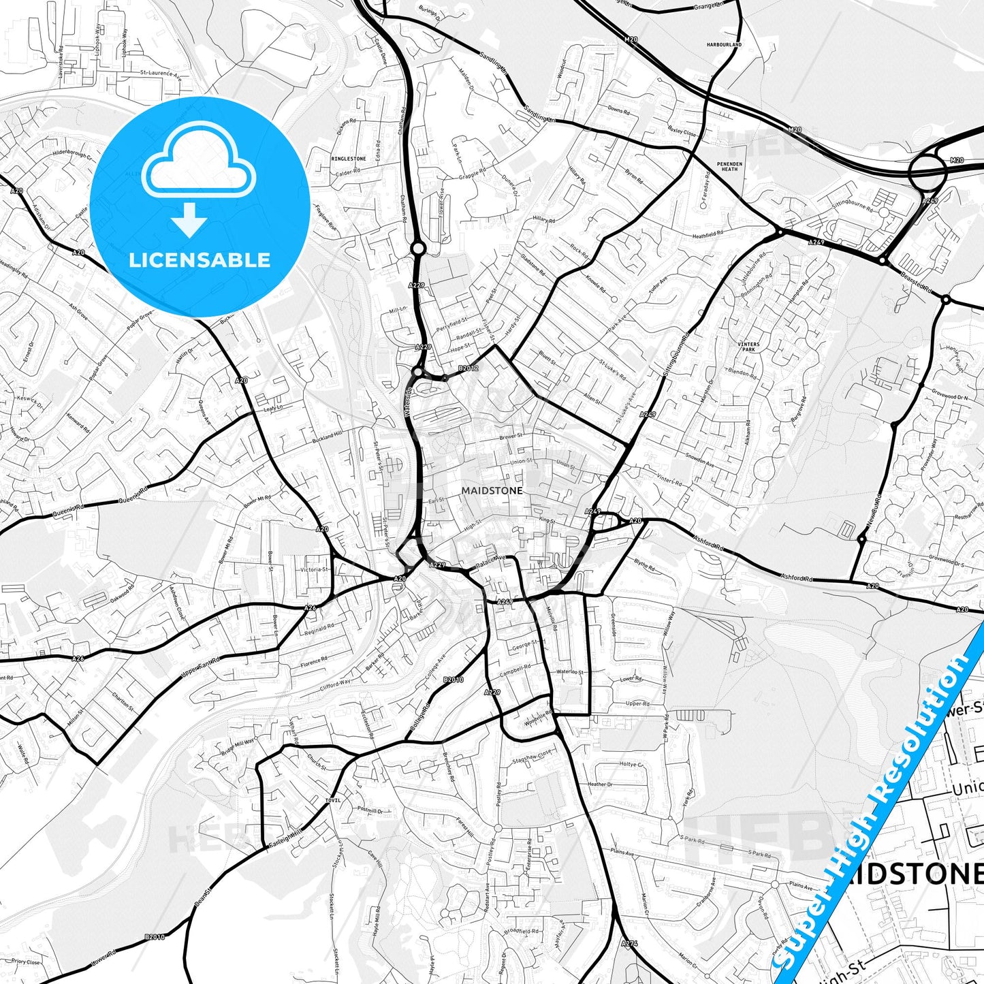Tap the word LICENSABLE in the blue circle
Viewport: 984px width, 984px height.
[x=200, y=260]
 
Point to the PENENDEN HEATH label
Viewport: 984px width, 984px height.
[x=729, y=166]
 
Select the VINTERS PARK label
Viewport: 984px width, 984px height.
[x=748, y=347]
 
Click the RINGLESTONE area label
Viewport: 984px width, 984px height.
[x=348, y=159]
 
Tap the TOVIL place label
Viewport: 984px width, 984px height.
[x=333, y=800]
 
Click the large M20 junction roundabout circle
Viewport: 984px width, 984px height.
[x=927, y=170]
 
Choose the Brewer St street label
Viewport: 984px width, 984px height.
[x=511, y=437]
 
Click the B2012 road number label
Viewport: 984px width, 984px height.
[x=469, y=368]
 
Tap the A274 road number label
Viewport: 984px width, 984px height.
[x=629, y=944]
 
